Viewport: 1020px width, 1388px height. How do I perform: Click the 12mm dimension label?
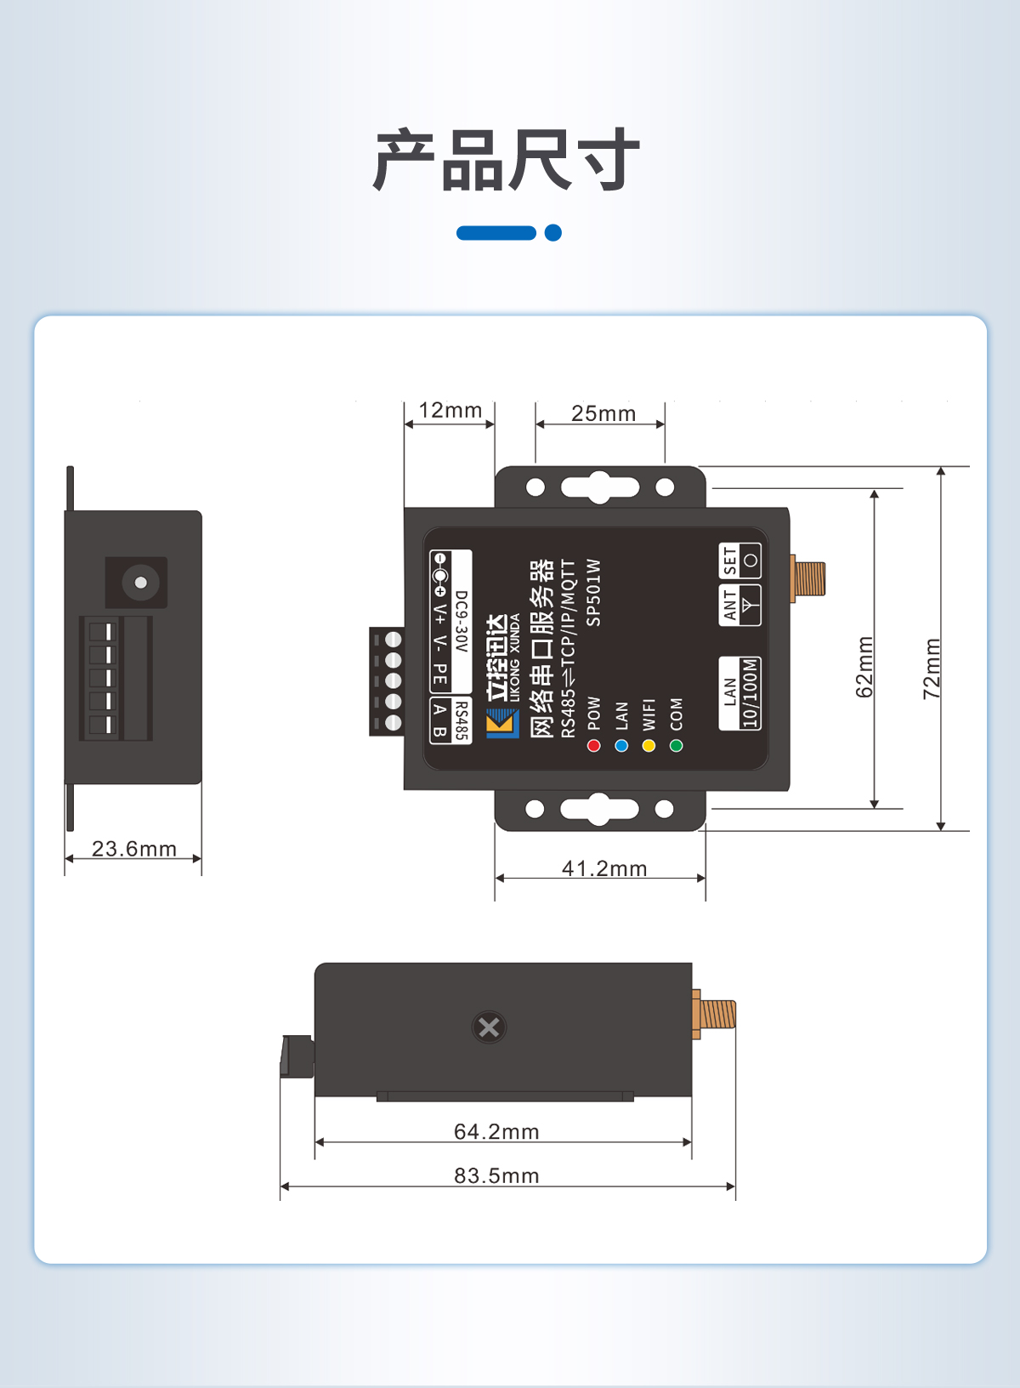tap(450, 411)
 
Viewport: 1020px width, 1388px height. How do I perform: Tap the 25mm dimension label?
tap(603, 414)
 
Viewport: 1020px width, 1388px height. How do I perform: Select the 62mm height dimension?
tap(864, 667)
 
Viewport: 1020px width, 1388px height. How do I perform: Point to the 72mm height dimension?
tap(932, 668)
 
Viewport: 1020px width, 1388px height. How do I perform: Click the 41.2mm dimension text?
tap(604, 868)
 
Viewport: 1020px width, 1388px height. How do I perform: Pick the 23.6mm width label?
tap(134, 849)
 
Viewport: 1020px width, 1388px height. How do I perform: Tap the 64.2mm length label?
tap(496, 1132)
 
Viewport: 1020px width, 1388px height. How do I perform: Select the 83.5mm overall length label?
tap(496, 1176)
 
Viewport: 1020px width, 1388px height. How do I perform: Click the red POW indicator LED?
tap(594, 746)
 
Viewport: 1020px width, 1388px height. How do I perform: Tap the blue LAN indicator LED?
tap(621, 746)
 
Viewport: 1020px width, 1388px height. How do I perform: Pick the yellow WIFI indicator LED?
tap(649, 746)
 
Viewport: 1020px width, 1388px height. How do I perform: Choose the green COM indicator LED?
tap(676, 746)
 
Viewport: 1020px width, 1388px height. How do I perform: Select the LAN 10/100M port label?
tap(739, 693)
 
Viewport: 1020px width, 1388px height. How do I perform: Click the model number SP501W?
tap(594, 592)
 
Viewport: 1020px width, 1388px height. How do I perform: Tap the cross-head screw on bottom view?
tap(489, 1027)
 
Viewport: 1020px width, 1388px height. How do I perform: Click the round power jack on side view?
tap(140, 583)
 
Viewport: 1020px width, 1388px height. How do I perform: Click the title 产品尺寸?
tap(507, 160)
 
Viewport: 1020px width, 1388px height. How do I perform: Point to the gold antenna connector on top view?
tap(808, 578)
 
